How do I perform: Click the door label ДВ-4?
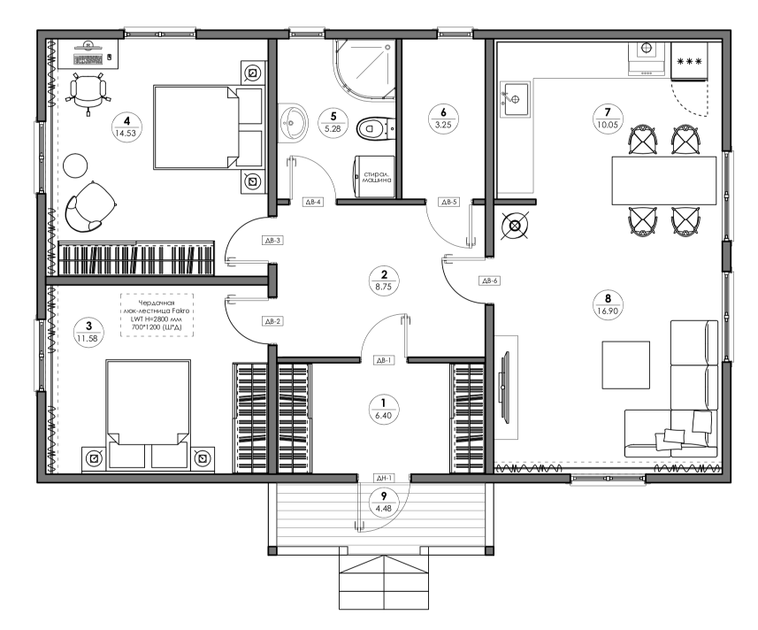pyautogui.click(x=313, y=202)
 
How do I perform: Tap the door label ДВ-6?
pyautogui.click(x=489, y=280)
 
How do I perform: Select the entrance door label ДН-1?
pyautogui.click(x=384, y=478)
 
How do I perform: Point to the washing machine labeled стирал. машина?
pyautogui.click(x=374, y=176)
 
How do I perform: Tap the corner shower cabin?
pyautogui.click(x=364, y=70)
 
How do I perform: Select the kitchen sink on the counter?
pyautogui.click(x=514, y=98)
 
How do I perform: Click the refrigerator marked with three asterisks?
pyautogui.click(x=689, y=61)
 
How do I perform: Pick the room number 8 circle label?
pyautogui.click(x=608, y=304)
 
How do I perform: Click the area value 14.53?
pyautogui.click(x=126, y=133)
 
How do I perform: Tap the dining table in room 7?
pyautogui.click(x=663, y=181)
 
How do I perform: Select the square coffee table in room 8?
pyautogui.click(x=625, y=365)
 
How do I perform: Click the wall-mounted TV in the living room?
pyautogui.click(x=506, y=388)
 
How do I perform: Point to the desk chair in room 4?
pyautogui.click(x=88, y=93)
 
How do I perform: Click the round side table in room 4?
pyautogui.click(x=75, y=165)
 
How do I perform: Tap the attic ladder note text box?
pyautogui.click(x=157, y=315)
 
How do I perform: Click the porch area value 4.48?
pyautogui.click(x=384, y=508)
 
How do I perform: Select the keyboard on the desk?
pyautogui.click(x=88, y=59)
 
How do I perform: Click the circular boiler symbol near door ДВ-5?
pyautogui.click(x=515, y=226)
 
